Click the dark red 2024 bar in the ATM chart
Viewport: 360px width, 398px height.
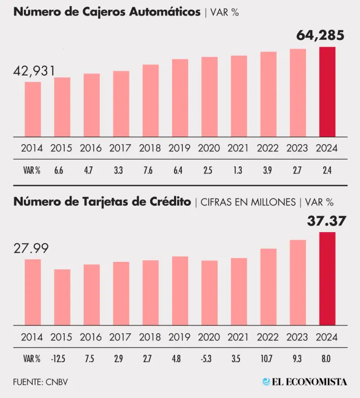[x=327, y=92]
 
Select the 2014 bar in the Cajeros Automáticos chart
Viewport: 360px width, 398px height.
[x=33, y=109]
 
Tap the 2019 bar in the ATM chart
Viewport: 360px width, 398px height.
[x=180, y=98]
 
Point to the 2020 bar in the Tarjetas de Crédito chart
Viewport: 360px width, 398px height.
[x=209, y=293]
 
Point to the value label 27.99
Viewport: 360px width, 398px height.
[x=31, y=248]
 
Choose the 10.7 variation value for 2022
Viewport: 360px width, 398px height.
[x=268, y=358]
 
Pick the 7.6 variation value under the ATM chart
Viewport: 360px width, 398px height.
[x=150, y=169]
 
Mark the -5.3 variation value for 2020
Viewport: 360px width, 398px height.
[x=209, y=358]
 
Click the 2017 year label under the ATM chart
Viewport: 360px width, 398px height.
[x=121, y=148]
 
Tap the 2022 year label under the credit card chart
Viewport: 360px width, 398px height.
[x=268, y=336]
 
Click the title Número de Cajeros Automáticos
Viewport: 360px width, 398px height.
[x=107, y=12]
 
